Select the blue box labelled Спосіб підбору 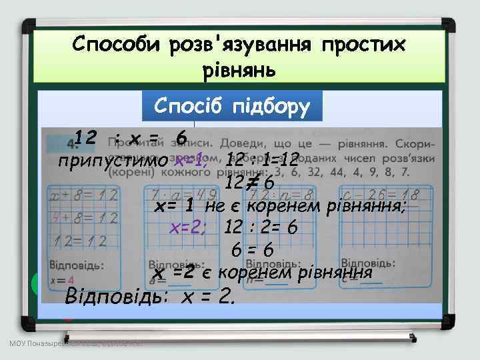(231, 105)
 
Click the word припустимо (113, 161)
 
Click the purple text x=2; (189, 227)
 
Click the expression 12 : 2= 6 (261, 227)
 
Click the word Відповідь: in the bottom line (118, 296)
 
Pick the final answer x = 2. (209, 296)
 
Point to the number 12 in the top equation (86, 138)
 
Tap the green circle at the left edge (35, 285)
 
